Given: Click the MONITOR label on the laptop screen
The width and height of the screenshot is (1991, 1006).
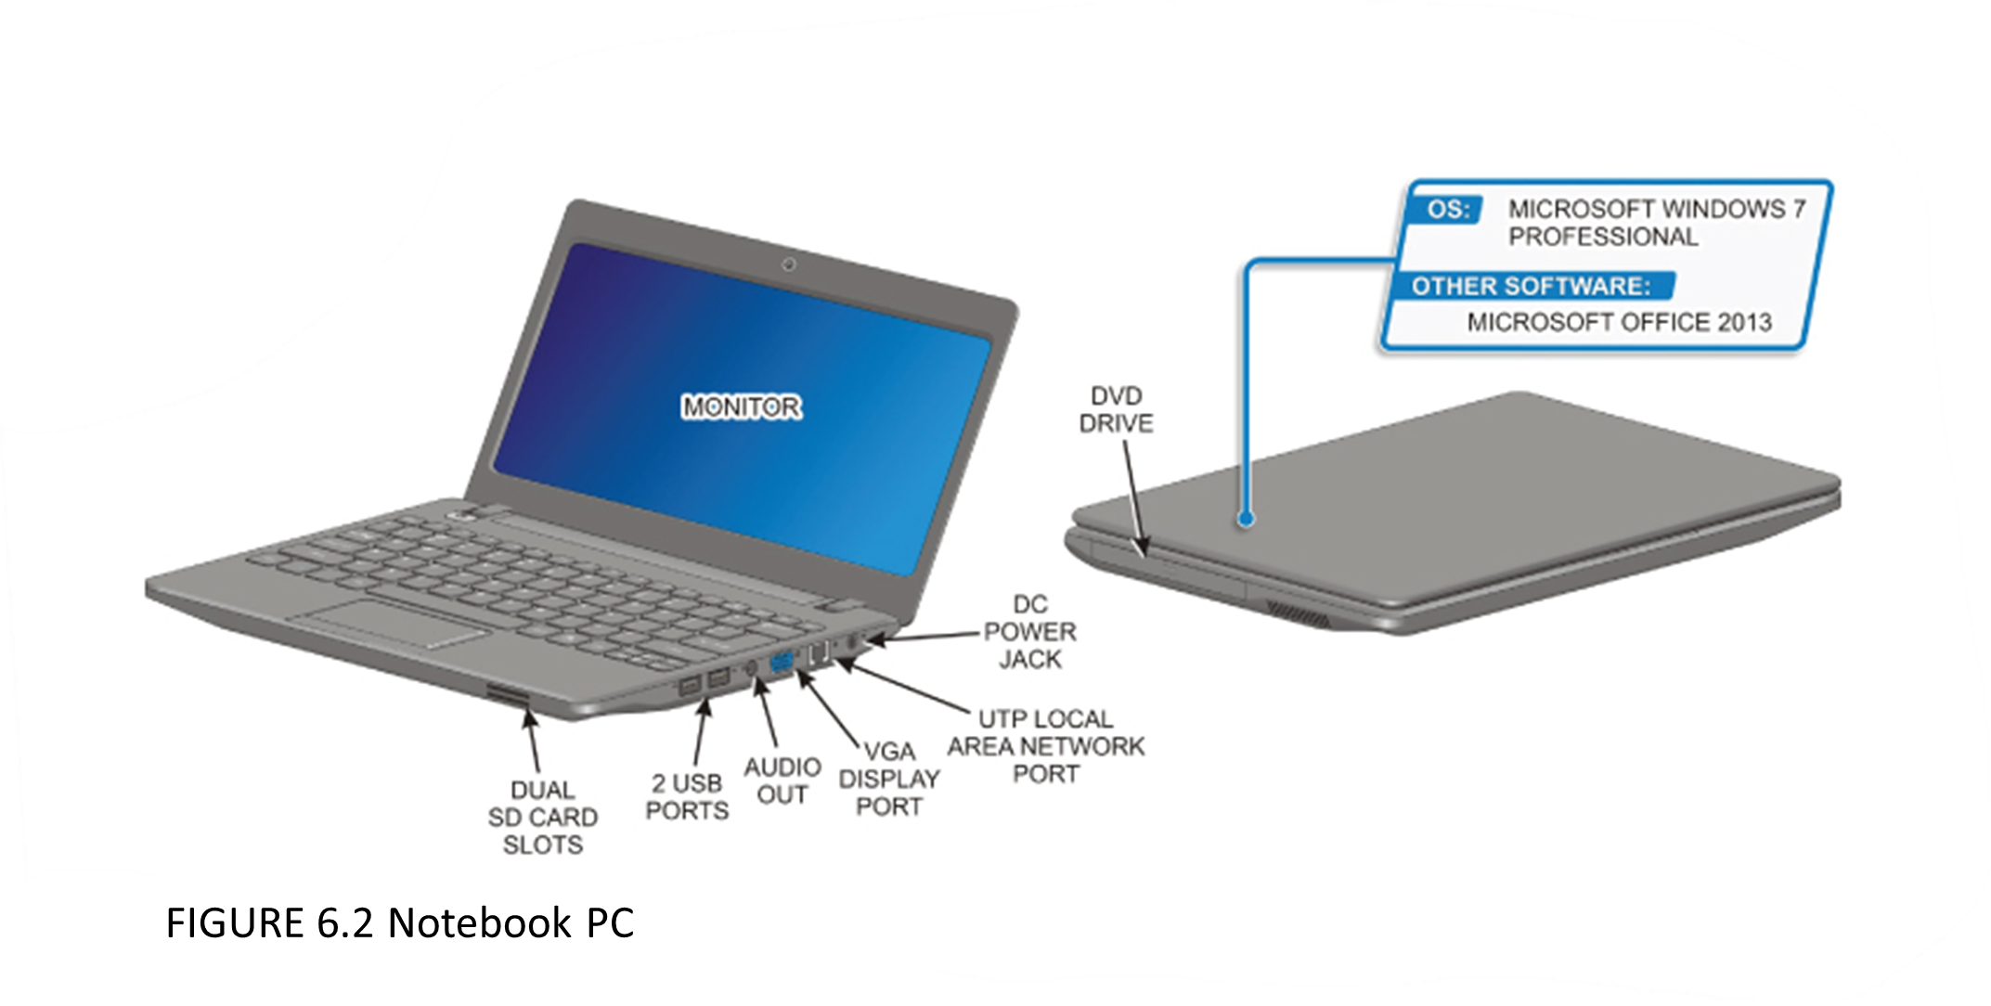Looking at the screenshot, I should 742,407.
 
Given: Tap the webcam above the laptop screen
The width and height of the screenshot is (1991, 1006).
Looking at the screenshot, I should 790,266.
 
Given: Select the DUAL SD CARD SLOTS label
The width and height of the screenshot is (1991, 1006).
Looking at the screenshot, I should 543,818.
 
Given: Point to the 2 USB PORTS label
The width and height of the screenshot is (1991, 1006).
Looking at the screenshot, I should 687,797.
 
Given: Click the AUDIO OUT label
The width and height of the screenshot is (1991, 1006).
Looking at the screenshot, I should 782,780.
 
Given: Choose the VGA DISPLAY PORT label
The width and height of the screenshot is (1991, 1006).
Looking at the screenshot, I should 888,780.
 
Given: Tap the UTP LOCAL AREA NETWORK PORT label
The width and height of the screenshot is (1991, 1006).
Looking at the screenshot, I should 1046,746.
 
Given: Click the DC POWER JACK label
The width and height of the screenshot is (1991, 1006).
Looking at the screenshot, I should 1030,632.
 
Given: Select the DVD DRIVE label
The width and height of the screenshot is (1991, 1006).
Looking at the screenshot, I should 1120,410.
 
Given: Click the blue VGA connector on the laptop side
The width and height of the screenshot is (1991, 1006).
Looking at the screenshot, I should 781,663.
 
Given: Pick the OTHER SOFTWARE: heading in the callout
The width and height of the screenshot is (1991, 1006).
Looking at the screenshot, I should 1530,286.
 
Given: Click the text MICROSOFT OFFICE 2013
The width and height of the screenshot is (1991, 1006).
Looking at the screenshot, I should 1619,323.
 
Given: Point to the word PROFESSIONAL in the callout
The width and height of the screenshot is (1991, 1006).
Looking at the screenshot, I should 1602,238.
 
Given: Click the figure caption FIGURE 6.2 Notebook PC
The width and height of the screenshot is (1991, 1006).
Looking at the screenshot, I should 399,923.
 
